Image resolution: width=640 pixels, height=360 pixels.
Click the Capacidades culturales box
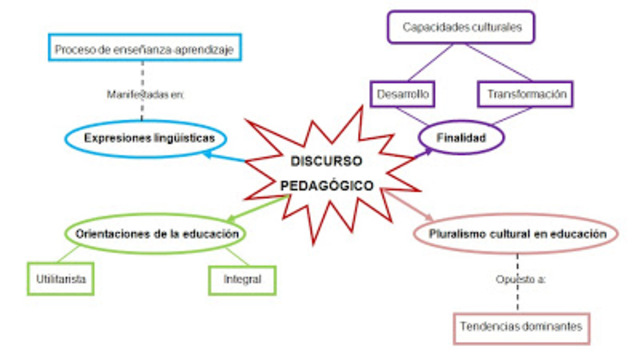tap(462, 27)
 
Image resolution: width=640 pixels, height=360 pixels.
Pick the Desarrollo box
tap(403, 94)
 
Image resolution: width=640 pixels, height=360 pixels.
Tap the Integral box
tap(242, 279)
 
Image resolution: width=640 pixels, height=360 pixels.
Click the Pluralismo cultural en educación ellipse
tap(517, 234)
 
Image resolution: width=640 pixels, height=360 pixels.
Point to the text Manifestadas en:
tap(146, 94)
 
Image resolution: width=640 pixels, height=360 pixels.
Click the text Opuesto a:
tap(519, 279)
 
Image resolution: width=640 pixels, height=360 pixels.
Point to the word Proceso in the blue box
tap(74, 47)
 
